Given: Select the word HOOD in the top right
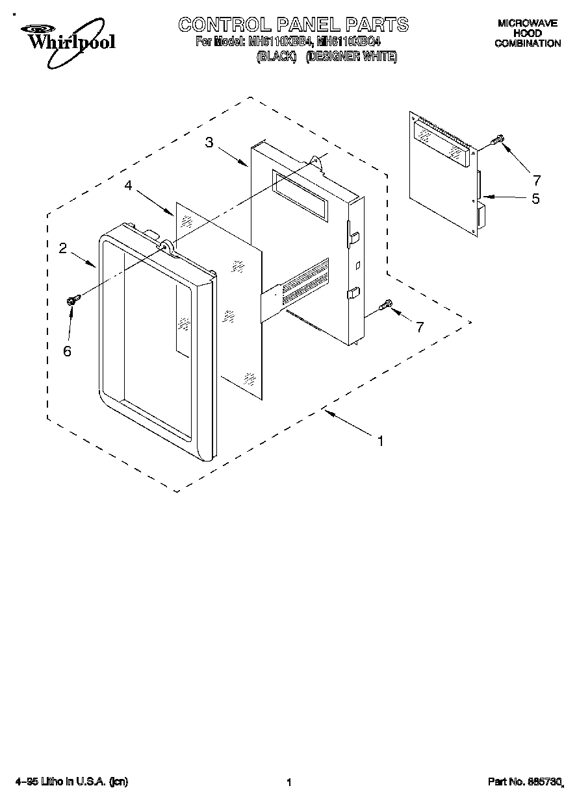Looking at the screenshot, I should tap(528, 33).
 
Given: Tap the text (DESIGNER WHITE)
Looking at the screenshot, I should tap(351, 57).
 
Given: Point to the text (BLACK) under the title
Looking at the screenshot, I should tap(277, 57).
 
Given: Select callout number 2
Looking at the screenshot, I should tap(63, 247).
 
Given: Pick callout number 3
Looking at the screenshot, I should tap(209, 143).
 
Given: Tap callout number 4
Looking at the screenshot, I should tap(129, 186).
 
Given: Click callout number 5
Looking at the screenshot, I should tap(535, 199).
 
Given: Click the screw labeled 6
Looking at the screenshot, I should tap(72, 300).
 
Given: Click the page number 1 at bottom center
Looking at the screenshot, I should tap(288, 783).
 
